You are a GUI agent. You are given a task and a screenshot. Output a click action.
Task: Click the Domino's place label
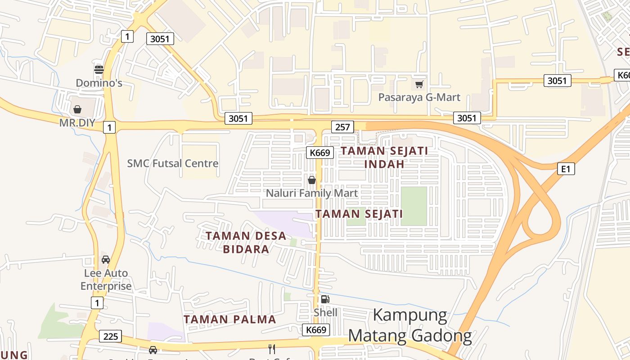click(99, 83)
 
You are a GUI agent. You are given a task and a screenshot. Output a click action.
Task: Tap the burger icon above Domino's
click(99, 69)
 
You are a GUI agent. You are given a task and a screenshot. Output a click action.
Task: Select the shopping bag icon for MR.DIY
click(77, 109)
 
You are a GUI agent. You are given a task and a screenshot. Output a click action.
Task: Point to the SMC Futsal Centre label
click(173, 163)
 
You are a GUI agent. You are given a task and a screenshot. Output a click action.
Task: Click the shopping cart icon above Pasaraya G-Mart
click(419, 84)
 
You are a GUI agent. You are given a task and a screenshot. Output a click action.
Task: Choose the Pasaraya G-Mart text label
click(419, 97)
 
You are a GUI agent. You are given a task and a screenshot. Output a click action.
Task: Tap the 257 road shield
click(342, 127)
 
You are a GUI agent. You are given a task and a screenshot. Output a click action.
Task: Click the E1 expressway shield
click(566, 169)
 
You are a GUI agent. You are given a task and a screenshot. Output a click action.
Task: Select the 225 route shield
click(110, 336)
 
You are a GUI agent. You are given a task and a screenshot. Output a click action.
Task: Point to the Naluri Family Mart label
click(312, 193)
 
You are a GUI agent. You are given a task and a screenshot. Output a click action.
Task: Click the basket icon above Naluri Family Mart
click(311, 180)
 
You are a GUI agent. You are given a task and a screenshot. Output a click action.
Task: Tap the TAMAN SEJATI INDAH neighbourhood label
click(384, 157)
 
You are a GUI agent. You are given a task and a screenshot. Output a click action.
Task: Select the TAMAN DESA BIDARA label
click(246, 242)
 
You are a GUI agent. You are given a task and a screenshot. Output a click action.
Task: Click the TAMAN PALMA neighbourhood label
click(230, 319)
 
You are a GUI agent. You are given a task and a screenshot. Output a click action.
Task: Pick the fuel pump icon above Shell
click(325, 299)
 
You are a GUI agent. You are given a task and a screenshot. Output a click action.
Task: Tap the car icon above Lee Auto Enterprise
click(106, 260)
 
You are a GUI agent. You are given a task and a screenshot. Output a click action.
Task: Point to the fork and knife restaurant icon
click(272, 349)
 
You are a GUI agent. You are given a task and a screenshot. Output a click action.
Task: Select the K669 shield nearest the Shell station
click(315, 330)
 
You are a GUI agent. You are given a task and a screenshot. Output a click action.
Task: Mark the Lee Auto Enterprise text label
click(106, 279)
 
